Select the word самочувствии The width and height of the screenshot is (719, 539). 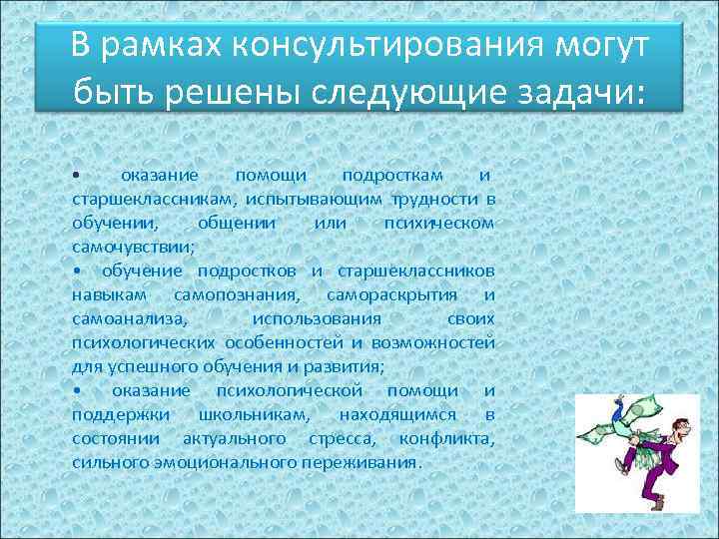[133, 245]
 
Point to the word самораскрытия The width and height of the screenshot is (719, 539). [391, 294]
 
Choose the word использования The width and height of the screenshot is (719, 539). [317, 318]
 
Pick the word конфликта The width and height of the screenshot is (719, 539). [445, 438]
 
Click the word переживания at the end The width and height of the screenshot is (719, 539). [370, 462]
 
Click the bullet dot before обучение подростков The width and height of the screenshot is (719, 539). [77, 271]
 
